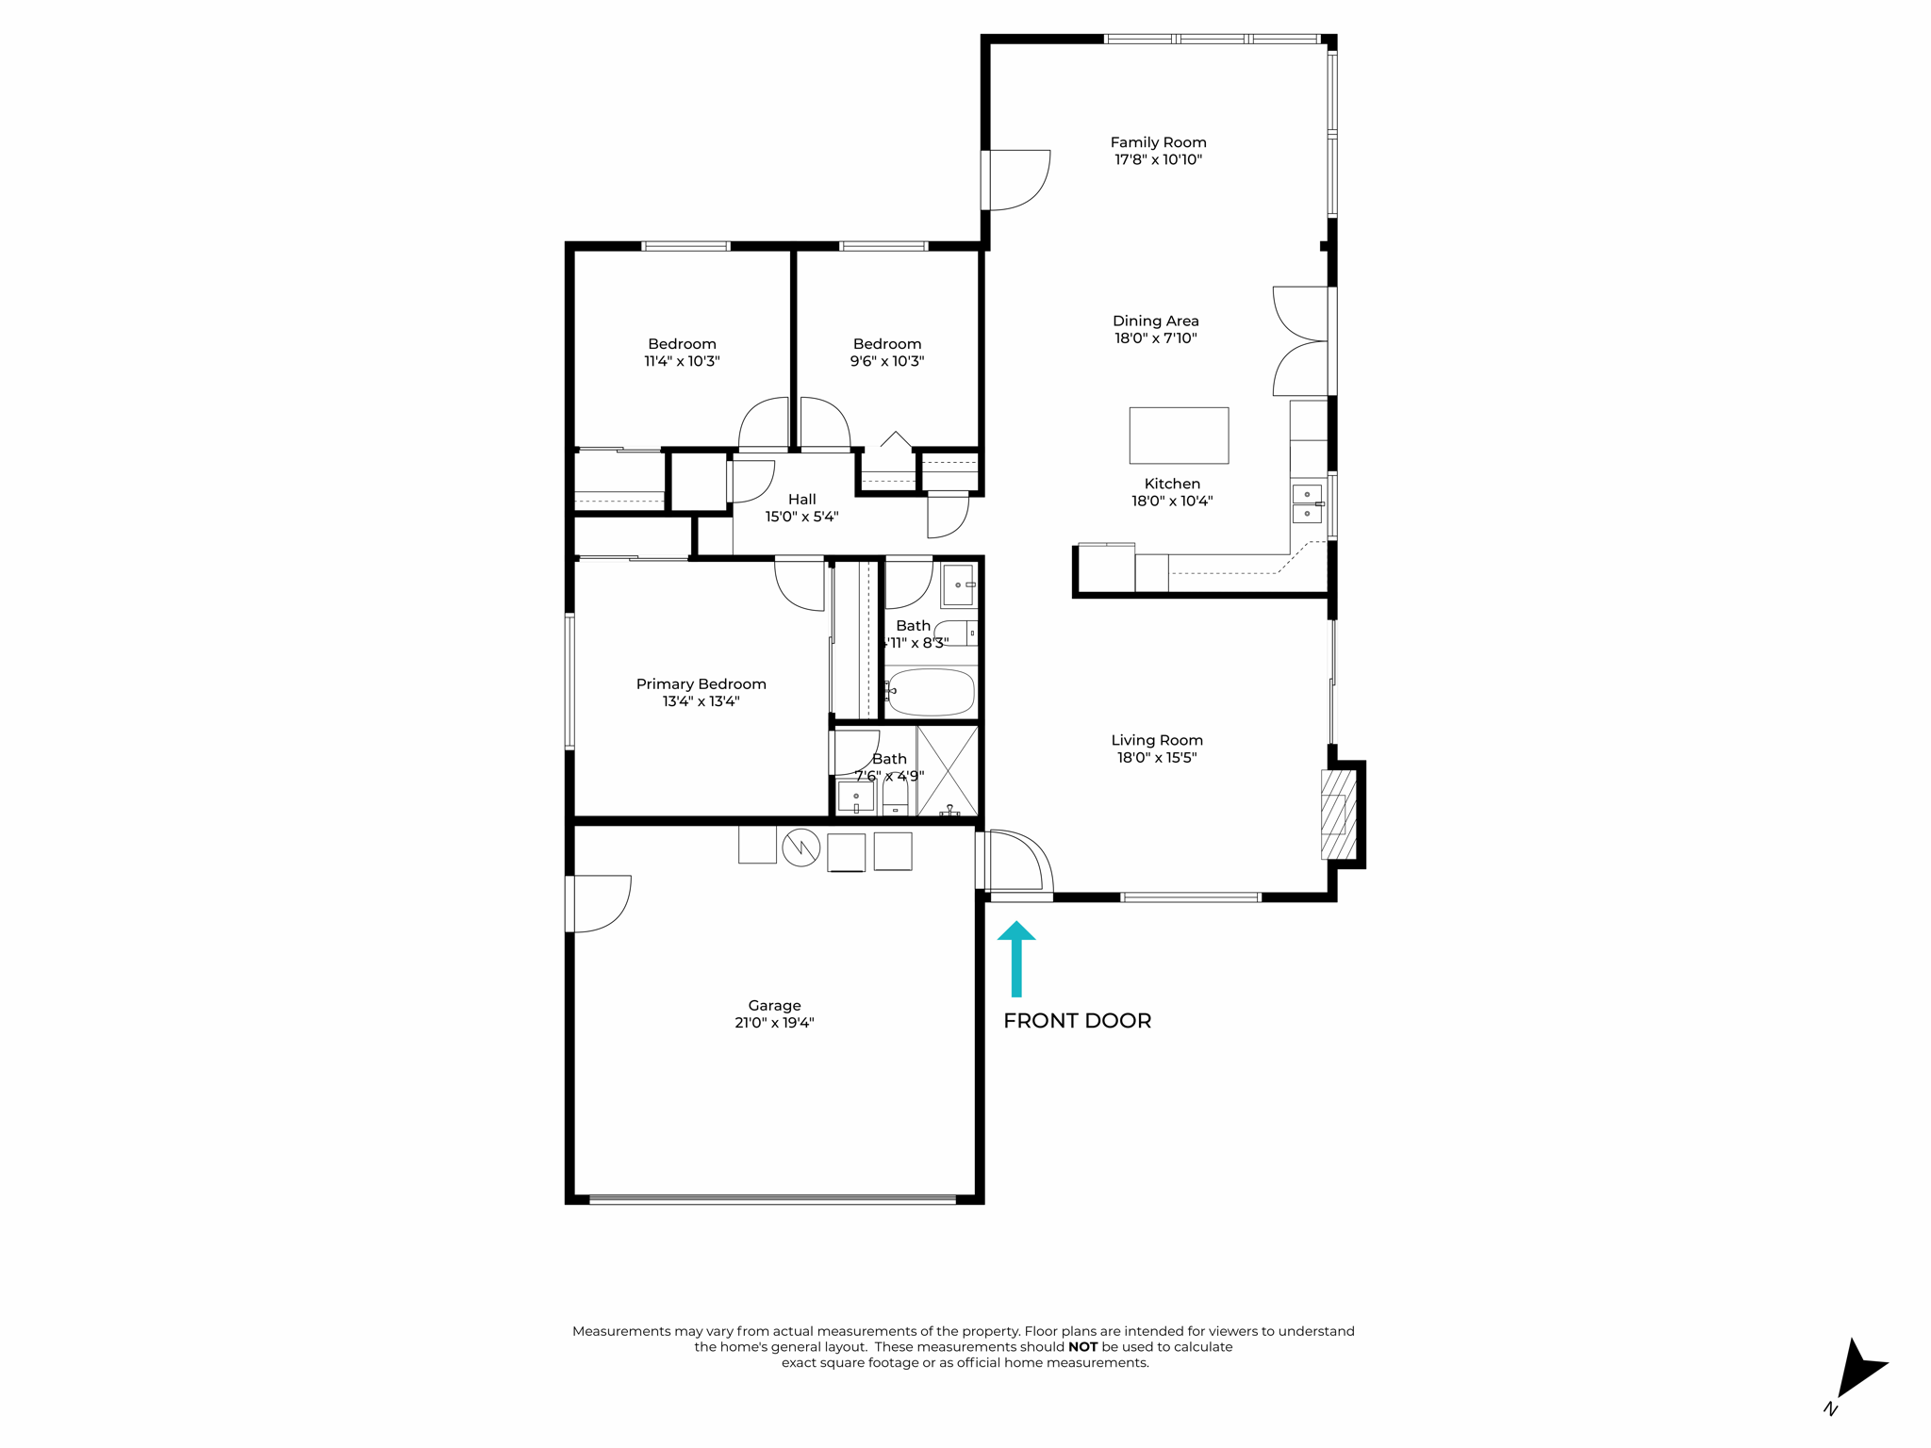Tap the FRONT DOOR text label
point(1077,1021)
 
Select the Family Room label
point(1158,142)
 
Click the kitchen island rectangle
point(1179,436)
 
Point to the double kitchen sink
point(1307,503)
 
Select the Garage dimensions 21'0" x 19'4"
point(774,1023)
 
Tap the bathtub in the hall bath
point(931,693)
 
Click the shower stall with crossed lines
point(948,770)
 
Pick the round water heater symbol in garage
point(800,847)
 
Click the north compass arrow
point(1858,1371)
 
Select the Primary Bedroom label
point(701,684)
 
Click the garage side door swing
point(601,903)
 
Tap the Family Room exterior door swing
point(1018,179)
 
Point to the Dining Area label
point(1155,321)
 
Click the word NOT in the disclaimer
point(1082,1347)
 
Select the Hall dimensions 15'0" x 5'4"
point(801,517)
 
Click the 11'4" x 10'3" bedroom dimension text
point(682,361)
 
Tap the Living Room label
point(1157,741)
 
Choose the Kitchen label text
point(1172,484)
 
